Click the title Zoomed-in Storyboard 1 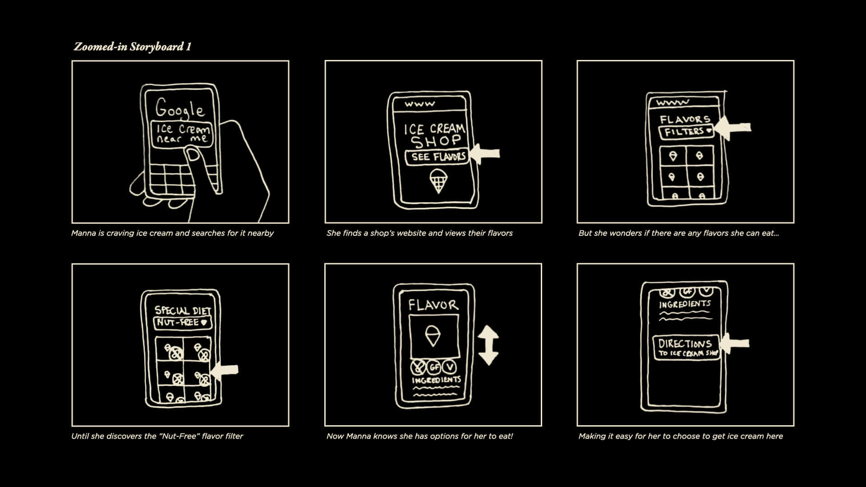tap(133, 46)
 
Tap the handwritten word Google tap(180, 108)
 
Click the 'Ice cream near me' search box tap(181, 134)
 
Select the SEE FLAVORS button tap(437, 157)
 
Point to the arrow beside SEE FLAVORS tap(485, 154)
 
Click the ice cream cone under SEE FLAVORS tap(438, 181)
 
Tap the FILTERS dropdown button tap(686, 132)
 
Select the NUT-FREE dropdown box tap(182, 322)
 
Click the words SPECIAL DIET tap(182, 310)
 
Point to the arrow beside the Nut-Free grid tap(225, 370)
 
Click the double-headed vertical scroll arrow tap(488, 345)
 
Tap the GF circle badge tap(434, 367)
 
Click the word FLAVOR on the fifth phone tap(433, 305)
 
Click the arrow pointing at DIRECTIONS tap(735, 344)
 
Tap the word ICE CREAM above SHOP tap(434, 129)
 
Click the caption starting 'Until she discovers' tap(157, 436)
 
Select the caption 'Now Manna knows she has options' tap(419, 436)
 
